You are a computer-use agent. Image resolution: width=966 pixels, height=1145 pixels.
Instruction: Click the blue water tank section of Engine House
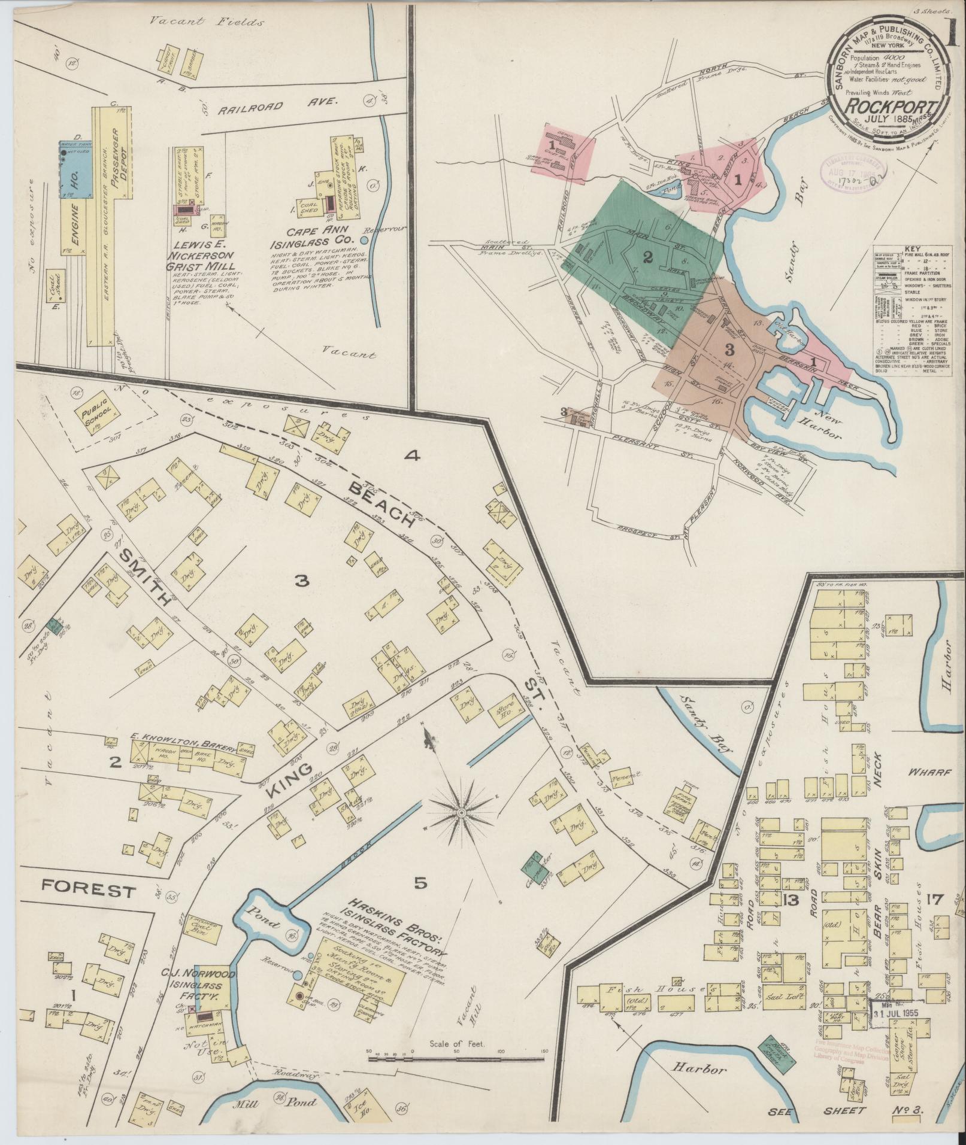[75, 170]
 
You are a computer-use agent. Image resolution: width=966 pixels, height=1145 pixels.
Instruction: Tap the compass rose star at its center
[462, 813]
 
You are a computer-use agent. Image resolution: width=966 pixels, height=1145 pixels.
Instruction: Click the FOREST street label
[88, 891]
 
